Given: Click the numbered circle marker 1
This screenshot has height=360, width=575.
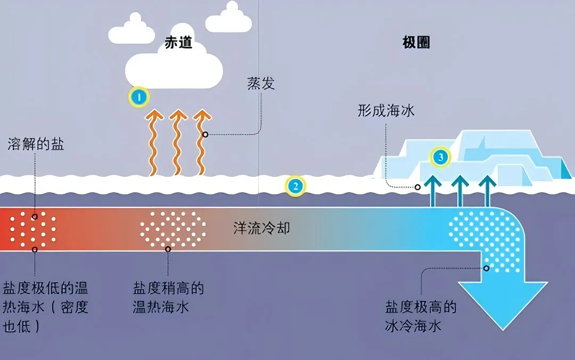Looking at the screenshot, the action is click(x=138, y=97).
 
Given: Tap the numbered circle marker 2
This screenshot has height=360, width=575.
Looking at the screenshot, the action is click(x=295, y=186).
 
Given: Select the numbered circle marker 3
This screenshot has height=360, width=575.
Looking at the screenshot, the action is click(x=440, y=157).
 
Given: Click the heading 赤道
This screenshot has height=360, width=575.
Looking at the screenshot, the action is click(x=178, y=43).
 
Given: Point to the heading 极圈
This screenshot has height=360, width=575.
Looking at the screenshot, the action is click(x=416, y=43).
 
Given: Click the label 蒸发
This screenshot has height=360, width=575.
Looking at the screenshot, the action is click(x=261, y=83).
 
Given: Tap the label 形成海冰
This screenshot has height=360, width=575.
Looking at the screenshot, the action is click(x=386, y=110).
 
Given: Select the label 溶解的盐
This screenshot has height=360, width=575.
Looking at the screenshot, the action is click(x=36, y=144).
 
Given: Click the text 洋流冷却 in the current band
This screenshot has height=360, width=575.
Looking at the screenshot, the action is click(x=261, y=228).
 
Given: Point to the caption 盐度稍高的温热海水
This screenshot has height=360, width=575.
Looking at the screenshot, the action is click(x=168, y=298).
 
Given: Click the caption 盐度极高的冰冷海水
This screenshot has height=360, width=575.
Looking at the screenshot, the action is click(x=421, y=316).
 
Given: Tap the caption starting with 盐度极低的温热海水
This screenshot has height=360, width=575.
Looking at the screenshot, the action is click(x=45, y=307).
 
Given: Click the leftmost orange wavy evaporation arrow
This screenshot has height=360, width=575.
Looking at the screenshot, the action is click(x=153, y=143).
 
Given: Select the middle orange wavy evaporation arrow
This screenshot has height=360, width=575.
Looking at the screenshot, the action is click(x=177, y=143).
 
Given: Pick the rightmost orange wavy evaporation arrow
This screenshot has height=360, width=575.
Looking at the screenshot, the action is click(x=201, y=143).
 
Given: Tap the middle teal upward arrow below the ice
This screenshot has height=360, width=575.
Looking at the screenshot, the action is click(x=460, y=192).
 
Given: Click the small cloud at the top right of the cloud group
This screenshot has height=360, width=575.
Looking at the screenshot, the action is click(x=228, y=18).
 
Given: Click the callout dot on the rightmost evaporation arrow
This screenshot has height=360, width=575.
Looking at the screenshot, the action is click(x=206, y=135).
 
